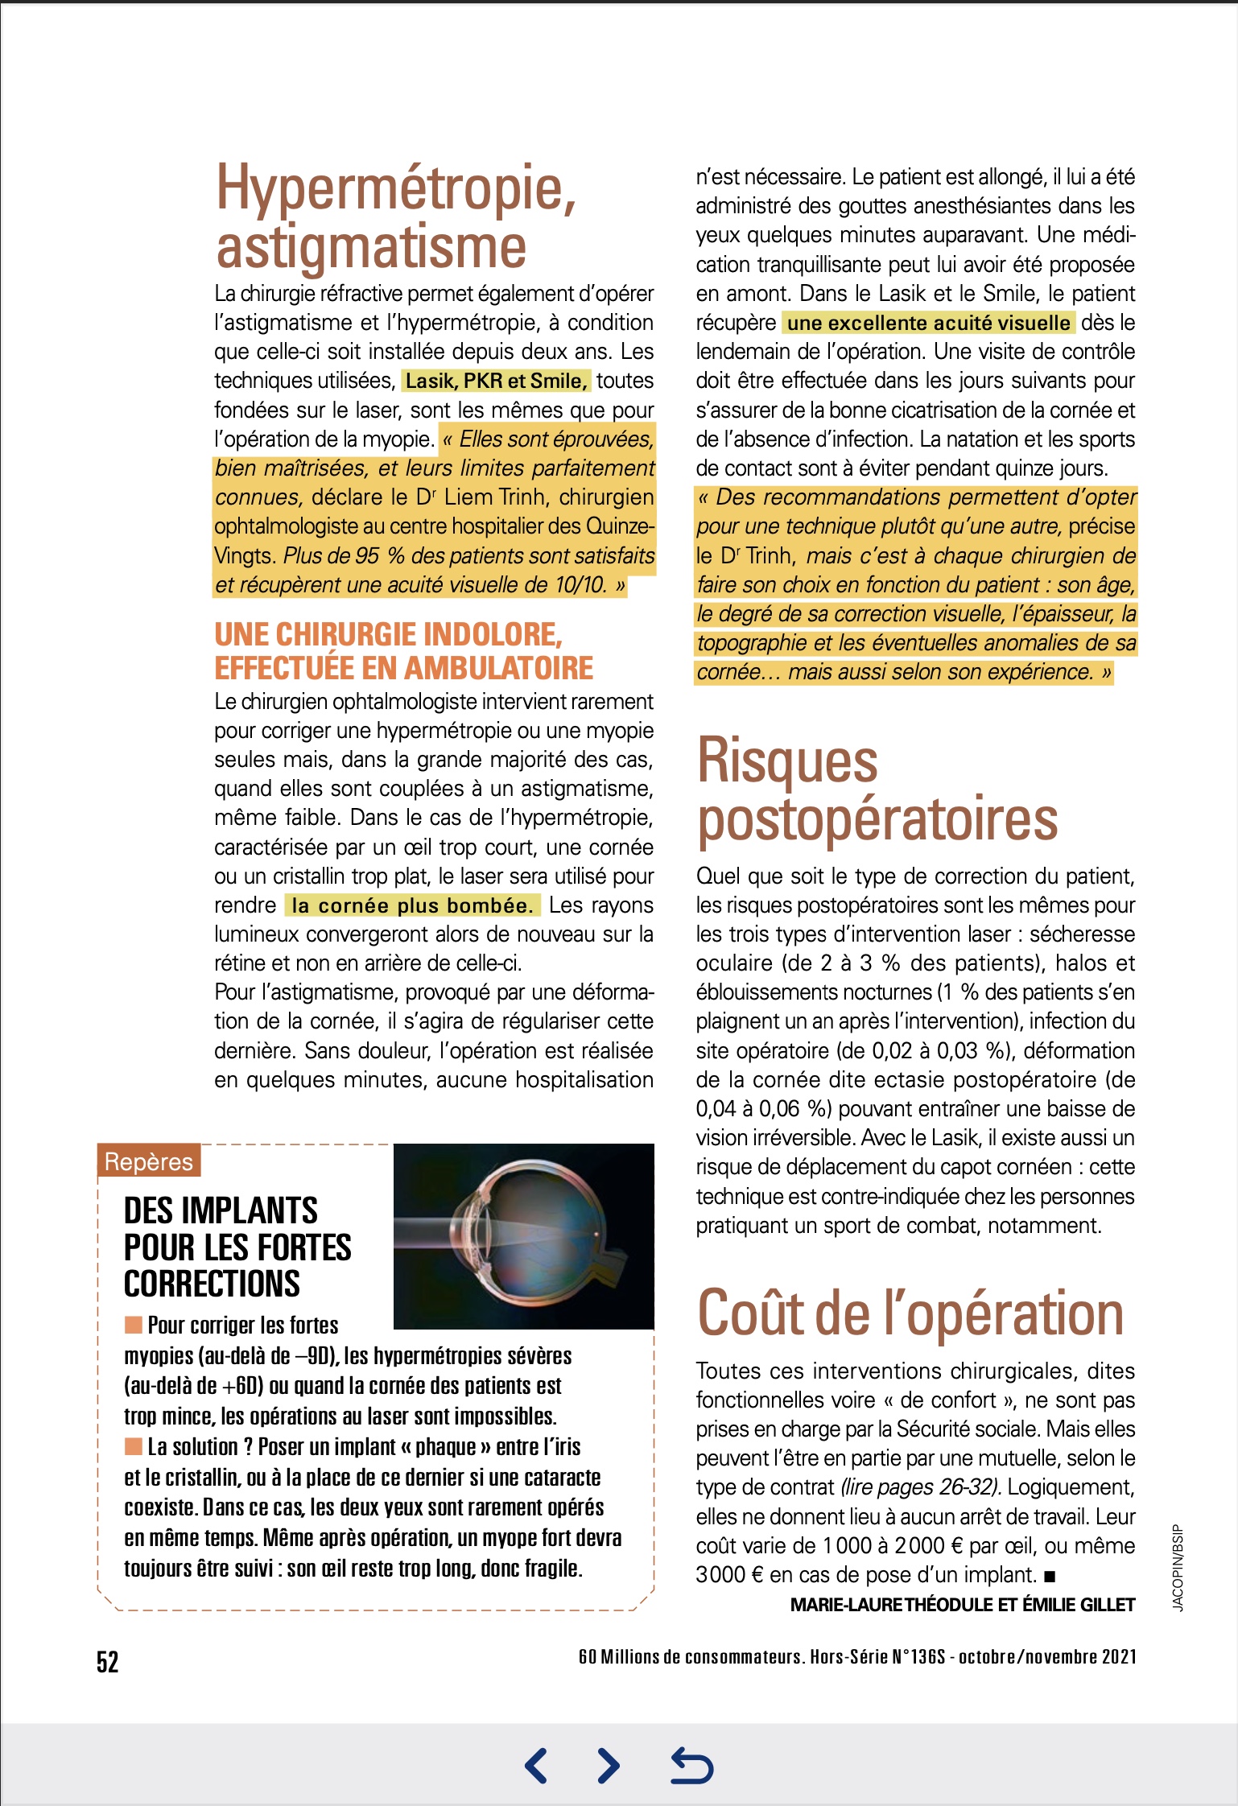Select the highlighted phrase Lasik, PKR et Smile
pos(496,381)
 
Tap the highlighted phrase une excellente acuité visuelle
pos(928,323)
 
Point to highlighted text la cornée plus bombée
pos(412,905)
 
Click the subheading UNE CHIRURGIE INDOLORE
pos(388,635)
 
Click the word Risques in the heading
pos(787,761)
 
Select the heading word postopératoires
pos(877,819)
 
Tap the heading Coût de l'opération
pos(910,1313)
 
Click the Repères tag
pos(149,1161)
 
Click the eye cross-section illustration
pos(523,1236)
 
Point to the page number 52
pos(108,1662)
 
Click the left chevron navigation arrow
pos(536,1766)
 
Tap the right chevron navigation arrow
pos(609,1766)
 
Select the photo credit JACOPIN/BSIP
pos(1178,1568)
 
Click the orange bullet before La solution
pos(133,1447)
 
